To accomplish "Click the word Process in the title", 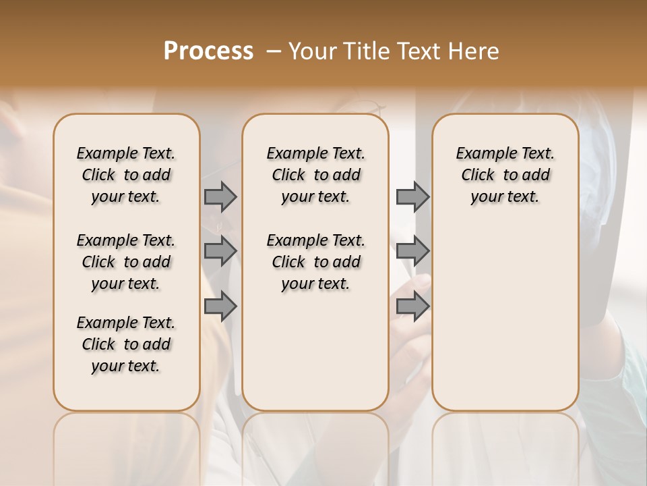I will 208,51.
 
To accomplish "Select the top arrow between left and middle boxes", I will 220,196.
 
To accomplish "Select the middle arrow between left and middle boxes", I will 220,251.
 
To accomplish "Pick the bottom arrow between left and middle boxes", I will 220,306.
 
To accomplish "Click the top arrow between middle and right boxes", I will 412,196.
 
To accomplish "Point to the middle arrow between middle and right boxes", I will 412,251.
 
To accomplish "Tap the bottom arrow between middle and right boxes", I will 412,306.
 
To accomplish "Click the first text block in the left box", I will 126,175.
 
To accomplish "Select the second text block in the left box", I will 126,262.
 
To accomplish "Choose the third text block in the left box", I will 126,344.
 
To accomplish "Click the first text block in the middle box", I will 315,175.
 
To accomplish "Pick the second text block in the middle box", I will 315,262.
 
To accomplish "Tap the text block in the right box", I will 505,175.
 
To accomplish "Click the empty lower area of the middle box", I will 315,351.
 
